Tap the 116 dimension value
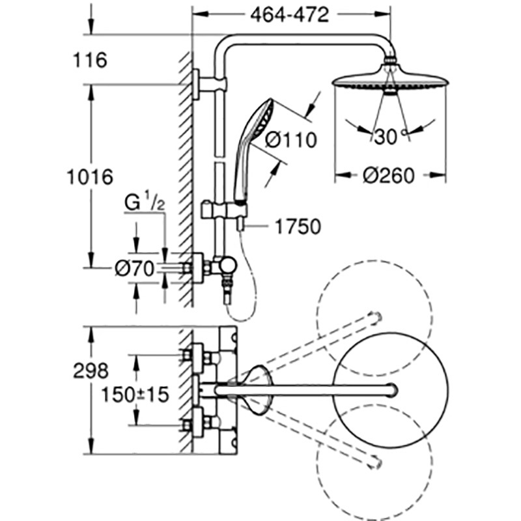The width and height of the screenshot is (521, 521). [x=90, y=61]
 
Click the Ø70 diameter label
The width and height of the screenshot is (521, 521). [x=134, y=267]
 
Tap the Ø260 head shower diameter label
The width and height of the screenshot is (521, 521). [x=389, y=176]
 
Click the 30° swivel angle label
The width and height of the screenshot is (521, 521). [x=389, y=137]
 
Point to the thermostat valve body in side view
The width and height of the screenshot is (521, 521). [x=225, y=266]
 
